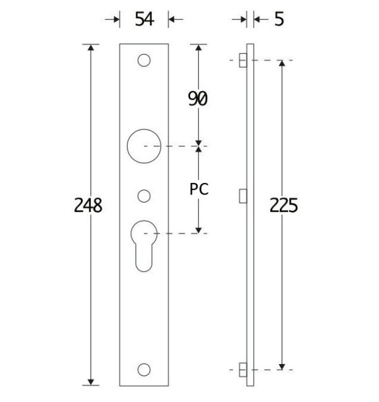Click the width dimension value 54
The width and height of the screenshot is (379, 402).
(144, 19)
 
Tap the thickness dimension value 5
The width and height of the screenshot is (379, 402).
(279, 19)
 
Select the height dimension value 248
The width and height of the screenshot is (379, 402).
(88, 205)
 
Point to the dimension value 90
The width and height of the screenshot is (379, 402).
(198, 99)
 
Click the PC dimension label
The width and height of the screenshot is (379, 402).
(199, 189)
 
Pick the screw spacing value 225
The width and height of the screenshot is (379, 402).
(284, 205)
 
